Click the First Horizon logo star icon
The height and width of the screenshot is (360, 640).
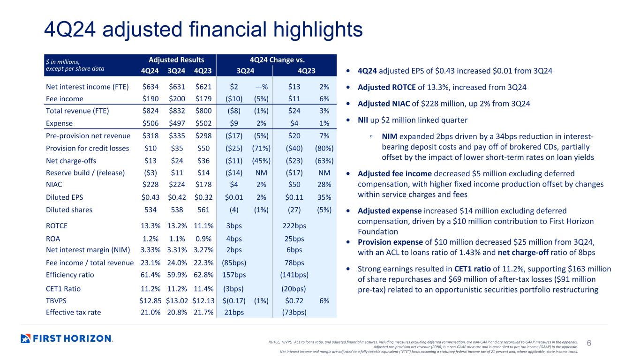pyautogui.click(x=25, y=338)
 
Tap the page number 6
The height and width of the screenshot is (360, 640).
pyautogui.click(x=589, y=343)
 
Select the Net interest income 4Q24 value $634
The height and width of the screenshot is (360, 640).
pyautogui.click(x=151, y=87)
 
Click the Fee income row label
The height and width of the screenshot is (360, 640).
pyautogui.click(x=65, y=99)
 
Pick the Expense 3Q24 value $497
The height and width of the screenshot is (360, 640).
pyautogui.click(x=177, y=123)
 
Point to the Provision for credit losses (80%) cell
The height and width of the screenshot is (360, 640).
pyautogui.click(x=324, y=148)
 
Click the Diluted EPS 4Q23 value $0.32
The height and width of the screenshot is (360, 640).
pyautogui.click(x=203, y=197)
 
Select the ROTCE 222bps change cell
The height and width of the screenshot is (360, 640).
pyautogui.click(x=294, y=226)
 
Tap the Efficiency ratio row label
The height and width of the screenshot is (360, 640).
pyautogui.click(x=70, y=275)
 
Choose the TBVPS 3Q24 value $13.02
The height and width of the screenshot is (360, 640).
pyautogui.click(x=177, y=300)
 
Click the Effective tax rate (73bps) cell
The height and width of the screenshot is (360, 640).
pyautogui.click(x=294, y=312)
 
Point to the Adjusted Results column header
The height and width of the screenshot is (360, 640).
pyautogui.click(x=176, y=60)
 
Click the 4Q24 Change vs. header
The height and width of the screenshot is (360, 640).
pyautogui.click(x=277, y=60)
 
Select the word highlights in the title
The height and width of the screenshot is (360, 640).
pyautogui.click(x=318, y=30)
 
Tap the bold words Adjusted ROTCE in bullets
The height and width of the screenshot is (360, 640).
pyautogui.click(x=386, y=87)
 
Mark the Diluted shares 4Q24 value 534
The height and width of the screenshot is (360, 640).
pyautogui.click(x=151, y=210)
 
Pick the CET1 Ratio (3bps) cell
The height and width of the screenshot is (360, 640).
pyautogui.click(x=233, y=289)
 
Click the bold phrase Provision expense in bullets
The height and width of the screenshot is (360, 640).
pyautogui.click(x=390, y=242)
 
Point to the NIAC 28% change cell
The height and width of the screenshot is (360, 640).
pyautogui.click(x=324, y=185)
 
